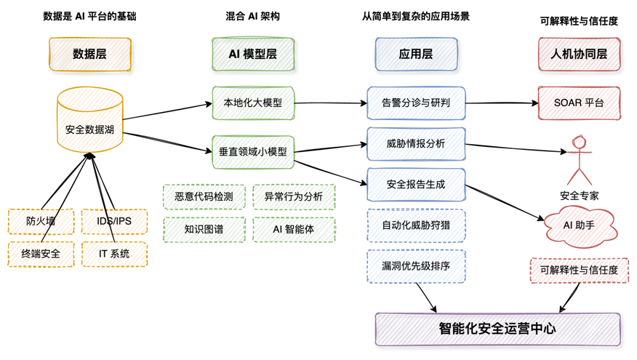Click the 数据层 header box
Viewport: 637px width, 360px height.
click(90, 55)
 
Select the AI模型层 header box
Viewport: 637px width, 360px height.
click(253, 55)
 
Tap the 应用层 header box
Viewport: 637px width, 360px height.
click(416, 55)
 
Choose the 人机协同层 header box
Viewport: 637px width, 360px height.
click(580, 55)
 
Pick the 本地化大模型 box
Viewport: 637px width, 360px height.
click(253, 103)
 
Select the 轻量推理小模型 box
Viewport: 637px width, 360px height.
click(253, 152)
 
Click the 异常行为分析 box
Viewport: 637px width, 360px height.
click(295, 196)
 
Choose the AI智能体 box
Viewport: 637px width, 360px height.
click(295, 230)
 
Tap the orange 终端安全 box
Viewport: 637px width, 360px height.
click(41, 254)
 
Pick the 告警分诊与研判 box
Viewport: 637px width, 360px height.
click(416, 103)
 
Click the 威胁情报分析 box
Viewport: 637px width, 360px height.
click(416, 144)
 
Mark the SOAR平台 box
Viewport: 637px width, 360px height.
click(580, 103)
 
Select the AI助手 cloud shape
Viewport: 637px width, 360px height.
click(580, 226)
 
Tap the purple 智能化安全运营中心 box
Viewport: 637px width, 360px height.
click(497, 329)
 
